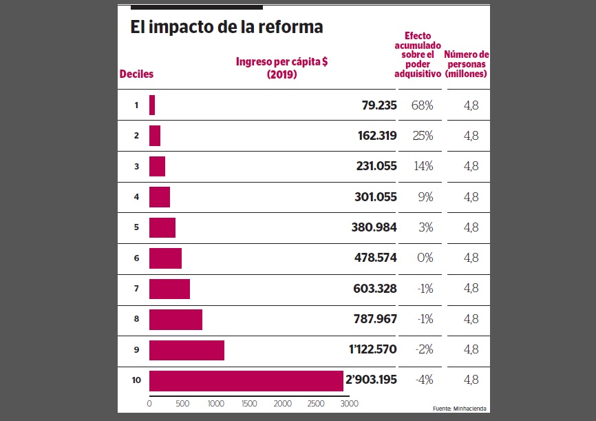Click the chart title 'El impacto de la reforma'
[x=226, y=27]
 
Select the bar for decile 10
[x=246, y=381]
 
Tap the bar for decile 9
[x=187, y=350]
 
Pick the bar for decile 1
[x=152, y=105]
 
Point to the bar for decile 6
[x=165, y=258]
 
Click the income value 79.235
[x=379, y=105]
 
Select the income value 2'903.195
[x=372, y=380]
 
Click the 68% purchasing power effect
[x=423, y=105]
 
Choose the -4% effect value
[x=423, y=380]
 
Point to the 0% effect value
[x=425, y=258]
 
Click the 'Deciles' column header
[x=136, y=74]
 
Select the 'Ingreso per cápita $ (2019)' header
[x=281, y=68]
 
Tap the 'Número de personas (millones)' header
[x=466, y=63]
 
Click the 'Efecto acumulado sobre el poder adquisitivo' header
[x=418, y=54]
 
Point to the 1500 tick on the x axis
[x=249, y=403]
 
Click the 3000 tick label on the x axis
[x=349, y=403]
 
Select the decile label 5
[x=136, y=227]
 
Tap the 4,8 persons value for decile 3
[x=471, y=167]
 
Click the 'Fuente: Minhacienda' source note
[x=460, y=409]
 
